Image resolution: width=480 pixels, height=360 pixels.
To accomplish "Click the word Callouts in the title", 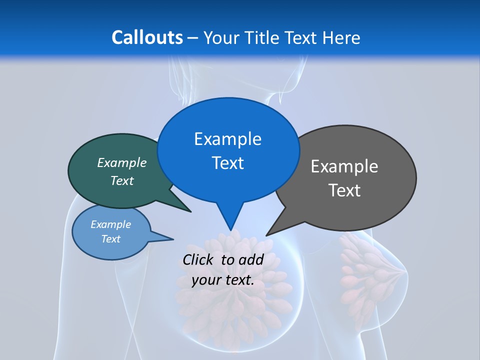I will point(147,37).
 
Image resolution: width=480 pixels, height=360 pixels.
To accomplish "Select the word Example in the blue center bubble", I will point(227,139).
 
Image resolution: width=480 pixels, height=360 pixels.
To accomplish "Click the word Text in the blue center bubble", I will point(227,163).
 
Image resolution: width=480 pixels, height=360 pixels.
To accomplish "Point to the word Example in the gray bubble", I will point(344,166).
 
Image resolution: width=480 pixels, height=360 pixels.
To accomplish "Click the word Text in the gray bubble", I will point(344,190).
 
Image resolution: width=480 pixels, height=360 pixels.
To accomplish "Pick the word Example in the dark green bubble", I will point(122,163).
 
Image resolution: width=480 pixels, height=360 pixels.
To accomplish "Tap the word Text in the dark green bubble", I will point(122,180).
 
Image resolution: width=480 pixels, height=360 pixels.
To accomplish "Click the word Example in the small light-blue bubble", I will point(111,224).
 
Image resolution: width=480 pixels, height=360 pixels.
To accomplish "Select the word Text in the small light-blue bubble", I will point(111,239).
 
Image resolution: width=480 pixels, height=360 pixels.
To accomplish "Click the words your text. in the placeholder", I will point(223,280).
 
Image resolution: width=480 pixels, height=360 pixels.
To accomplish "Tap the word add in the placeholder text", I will point(251,259).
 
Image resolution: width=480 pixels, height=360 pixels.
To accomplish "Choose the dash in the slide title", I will point(193,38).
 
